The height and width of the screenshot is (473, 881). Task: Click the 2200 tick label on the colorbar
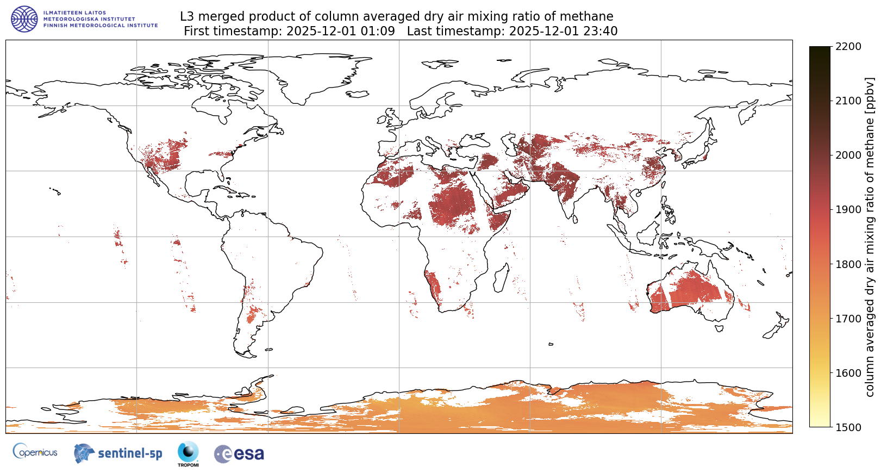pyautogui.click(x=848, y=46)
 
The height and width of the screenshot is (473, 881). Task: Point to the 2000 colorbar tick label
pyautogui.click(x=848, y=155)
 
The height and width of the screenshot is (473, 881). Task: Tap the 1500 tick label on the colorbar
pyautogui.click(x=848, y=427)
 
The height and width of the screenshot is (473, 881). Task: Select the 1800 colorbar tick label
pyautogui.click(x=848, y=264)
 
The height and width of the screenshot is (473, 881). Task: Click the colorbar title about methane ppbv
pyautogui.click(x=870, y=236)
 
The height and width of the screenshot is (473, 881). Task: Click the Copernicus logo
pyautogui.click(x=35, y=452)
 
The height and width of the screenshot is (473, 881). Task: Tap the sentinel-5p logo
pyautogui.click(x=118, y=453)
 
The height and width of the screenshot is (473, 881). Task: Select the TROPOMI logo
pyautogui.click(x=188, y=453)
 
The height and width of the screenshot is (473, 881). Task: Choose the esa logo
pyautogui.click(x=239, y=454)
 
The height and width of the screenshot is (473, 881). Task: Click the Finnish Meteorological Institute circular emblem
pyautogui.click(x=24, y=19)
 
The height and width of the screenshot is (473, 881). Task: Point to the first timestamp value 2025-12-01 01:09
pyautogui.click(x=341, y=31)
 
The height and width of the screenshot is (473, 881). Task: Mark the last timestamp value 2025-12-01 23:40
pyautogui.click(x=563, y=31)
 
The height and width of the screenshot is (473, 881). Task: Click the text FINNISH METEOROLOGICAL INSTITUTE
pyautogui.click(x=101, y=26)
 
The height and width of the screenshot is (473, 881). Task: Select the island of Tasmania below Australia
pyautogui.click(x=719, y=327)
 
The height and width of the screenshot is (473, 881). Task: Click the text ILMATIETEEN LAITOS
pyautogui.click(x=74, y=13)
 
